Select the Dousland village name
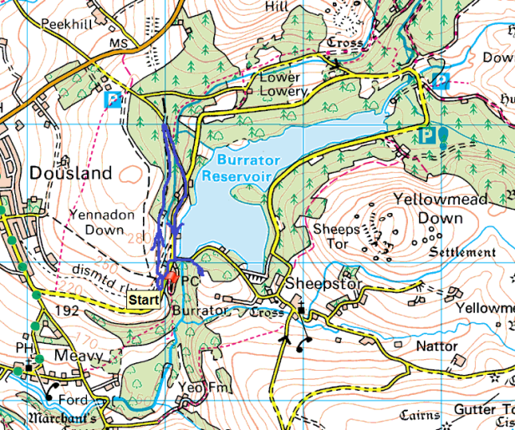(70, 173)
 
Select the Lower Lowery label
(283, 83)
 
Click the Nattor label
(437, 346)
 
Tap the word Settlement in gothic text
(461, 252)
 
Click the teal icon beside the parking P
(442, 137)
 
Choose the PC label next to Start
(191, 282)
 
